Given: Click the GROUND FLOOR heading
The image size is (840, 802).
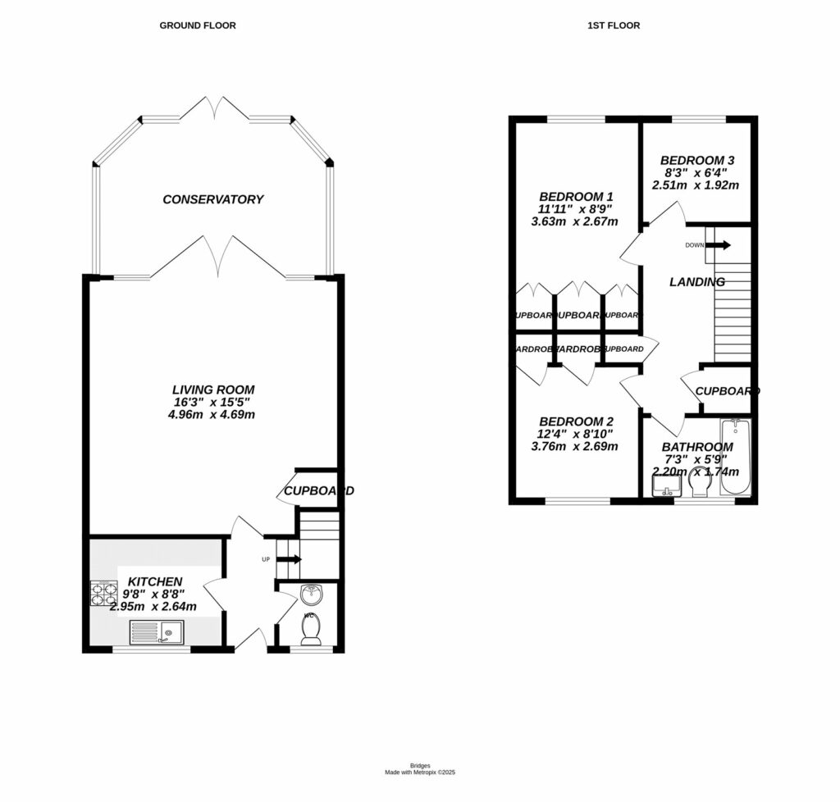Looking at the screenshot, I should pyautogui.click(x=197, y=25).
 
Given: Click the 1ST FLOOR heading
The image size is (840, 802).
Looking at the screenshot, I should pyautogui.click(x=614, y=25).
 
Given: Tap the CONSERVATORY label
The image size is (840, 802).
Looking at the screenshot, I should pyautogui.click(x=212, y=199).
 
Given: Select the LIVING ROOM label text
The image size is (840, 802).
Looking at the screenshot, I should pyautogui.click(x=213, y=390).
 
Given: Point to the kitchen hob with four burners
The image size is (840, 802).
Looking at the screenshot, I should pyautogui.click(x=104, y=594).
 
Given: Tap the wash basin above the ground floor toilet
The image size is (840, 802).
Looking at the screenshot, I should pyautogui.click(x=312, y=594).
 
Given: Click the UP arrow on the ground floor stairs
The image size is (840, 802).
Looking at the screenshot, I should pyautogui.click(x=290, y=560).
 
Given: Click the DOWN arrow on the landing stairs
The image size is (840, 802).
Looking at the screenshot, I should pyautogui.click(x=718, y=244).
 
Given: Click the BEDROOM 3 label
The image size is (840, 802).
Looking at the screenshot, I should pyautogui.click(x=696, y=161).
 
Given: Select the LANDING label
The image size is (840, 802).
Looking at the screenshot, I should pyautogui.click(x=696, y=282).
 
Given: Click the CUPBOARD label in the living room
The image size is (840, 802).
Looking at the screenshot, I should pyautogui.click(x=318, y=491).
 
